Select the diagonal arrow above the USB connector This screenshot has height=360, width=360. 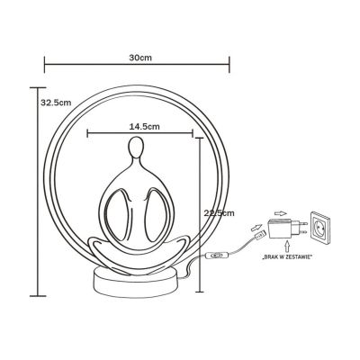click(255, 221)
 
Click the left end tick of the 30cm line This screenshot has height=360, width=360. click(44, 64)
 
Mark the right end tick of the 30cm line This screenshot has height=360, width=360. click(230, 64)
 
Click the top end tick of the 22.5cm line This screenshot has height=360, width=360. click(198, 137)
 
